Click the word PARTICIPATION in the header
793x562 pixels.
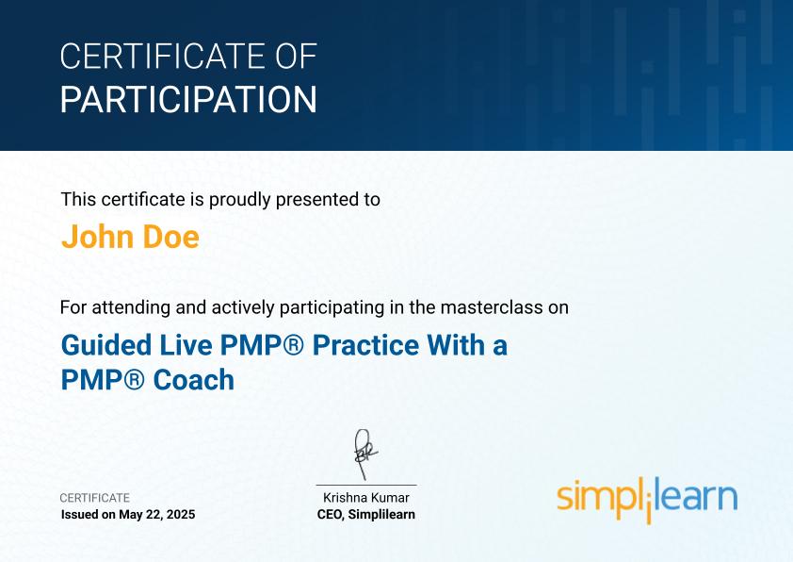tap(188, 99)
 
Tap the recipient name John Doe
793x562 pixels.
tap(131, 237)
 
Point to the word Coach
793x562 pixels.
tap(194, 380)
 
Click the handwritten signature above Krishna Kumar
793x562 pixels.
tap(365, 455)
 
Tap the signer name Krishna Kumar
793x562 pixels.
tap(366, 498)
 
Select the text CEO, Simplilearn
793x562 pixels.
tap(366, 515)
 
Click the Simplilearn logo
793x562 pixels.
tap(647, 499)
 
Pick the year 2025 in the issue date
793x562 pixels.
tap(181, 515)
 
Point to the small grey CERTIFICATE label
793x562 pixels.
tap(95, 498)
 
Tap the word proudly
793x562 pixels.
tap(240, 200)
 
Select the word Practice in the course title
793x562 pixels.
tap(365, 345)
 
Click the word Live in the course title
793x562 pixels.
tap(186, 345)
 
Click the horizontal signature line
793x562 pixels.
tap(366, 485)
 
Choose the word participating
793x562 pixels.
tap(332, 307)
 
